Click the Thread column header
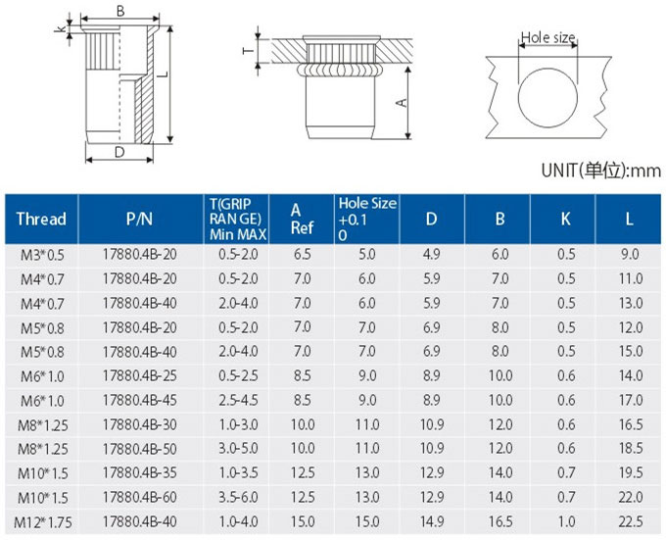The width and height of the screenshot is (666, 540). pos(41,219)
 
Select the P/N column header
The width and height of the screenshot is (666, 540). pos(139,219)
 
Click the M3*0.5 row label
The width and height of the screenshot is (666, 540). pos(42,255)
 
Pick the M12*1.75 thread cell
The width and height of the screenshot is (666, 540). pos(42,522)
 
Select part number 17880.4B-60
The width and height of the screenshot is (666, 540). pos(139,497)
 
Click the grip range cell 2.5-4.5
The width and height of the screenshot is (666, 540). pos(238,400)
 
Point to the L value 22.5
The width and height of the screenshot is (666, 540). pos(631,521)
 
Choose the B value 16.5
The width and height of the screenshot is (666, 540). pos(500,521)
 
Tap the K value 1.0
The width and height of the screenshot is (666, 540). pos(566,521)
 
